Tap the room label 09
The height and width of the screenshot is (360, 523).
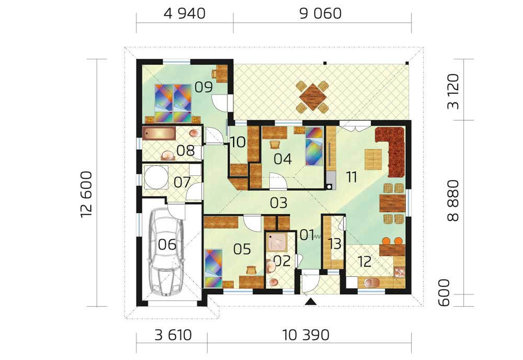pos(203,87)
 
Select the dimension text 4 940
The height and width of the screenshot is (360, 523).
pos(185,14)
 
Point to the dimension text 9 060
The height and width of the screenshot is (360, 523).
pos(320,14)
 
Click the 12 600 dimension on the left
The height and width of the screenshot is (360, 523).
pos(86,194)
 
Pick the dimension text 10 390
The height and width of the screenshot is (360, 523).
pos(306,335)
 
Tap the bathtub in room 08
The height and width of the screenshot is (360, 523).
pos(159,133)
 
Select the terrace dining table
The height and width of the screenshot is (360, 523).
pos(313,97)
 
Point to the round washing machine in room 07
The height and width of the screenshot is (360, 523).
pos(156,177)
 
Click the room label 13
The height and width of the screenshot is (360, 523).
pos(334,244)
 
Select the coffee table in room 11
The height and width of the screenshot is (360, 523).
pos(373,159)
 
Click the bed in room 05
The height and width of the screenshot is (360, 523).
pos(213,268)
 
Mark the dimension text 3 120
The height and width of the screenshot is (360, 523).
pos(453,92)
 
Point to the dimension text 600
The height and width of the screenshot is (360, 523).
pos(444,293)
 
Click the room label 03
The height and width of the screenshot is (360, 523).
pos(279,203)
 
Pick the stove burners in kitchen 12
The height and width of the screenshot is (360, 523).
pos(399,272)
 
